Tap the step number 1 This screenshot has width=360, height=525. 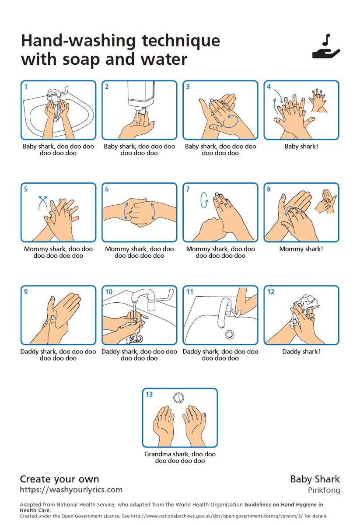(26, 87)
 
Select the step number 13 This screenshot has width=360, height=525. (149, 394)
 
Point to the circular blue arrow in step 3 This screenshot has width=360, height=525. (231, 121)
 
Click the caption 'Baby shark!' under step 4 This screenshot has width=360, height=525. (301, 147)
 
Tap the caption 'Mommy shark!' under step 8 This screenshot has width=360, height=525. (301, 249)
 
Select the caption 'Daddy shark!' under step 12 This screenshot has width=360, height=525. (301, 352)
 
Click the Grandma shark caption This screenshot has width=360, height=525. (180, 457)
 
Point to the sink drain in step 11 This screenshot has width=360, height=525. (230, 334)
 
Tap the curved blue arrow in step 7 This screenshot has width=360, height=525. (204, 200)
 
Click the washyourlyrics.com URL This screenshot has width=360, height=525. (71, 490)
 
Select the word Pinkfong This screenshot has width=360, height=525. (324, 490)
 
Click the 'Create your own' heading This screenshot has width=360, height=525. (59, 479)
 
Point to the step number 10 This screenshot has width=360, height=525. (109, 292)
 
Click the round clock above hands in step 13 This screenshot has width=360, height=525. (178, 398)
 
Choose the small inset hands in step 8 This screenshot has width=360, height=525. (325, 201)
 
